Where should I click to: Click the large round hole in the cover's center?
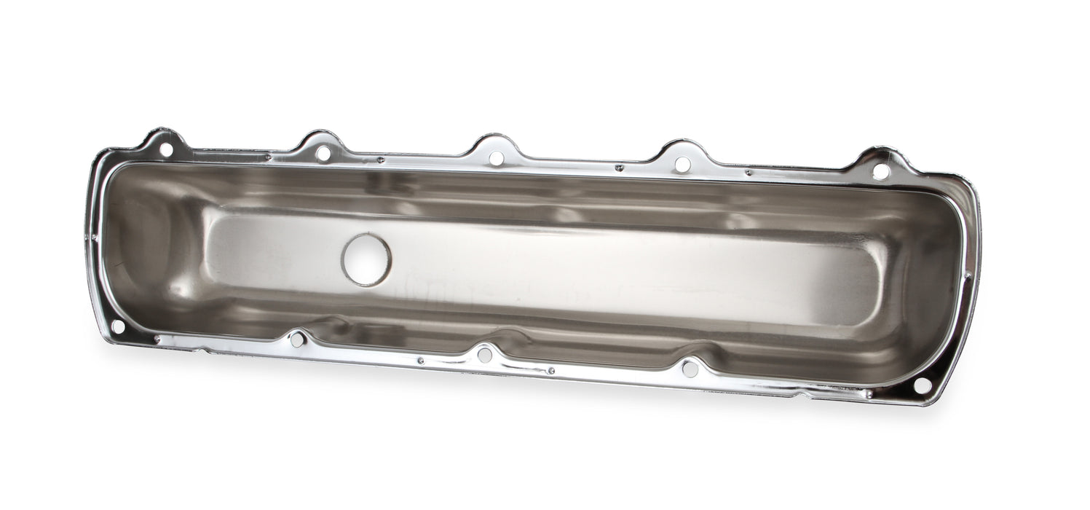tap(366, 259)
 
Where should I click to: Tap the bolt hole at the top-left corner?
tap(165, 149)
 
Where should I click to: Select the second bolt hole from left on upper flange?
tap(323, 153)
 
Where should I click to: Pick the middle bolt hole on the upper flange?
tap(496, 158)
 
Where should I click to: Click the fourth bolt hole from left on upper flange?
tap(682, 165)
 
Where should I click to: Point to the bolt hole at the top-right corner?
tap(880, 172)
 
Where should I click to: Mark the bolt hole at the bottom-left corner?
tap(117, 326)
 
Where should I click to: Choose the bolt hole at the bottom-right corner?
tap(922, 385)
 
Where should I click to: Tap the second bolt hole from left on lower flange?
tap(296, 339)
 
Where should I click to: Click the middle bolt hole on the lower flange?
tap(484, 355)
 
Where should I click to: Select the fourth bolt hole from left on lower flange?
tap(690, 369)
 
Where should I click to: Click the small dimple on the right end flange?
tap(968, 275)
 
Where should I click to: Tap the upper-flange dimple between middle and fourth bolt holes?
tap(620, 168)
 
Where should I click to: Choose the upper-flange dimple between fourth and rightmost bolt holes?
tap(748, 173)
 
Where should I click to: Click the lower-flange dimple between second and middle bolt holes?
tap(420, 360)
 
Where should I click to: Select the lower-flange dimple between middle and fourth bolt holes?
tap(551, 370)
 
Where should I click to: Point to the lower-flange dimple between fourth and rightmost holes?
tap(868, 394)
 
